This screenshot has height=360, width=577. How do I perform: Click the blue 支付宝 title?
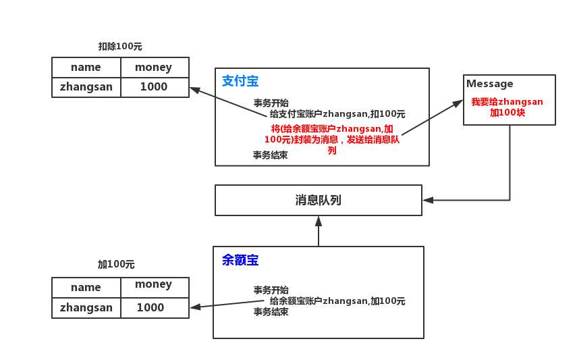tap(240, 82)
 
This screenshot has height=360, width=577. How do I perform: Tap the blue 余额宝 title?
tap(240, 260)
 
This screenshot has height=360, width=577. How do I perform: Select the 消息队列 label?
tap(319, 201)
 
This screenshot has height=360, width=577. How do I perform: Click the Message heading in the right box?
tap(489, 84)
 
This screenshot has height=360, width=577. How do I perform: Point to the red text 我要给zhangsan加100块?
tap(507, 107)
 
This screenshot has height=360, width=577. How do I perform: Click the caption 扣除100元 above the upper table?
tap(120, 47)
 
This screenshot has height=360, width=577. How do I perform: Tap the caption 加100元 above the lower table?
tap(116, 264)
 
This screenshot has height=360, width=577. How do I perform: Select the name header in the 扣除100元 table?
tap(86, 68)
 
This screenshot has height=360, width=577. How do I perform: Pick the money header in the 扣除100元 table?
tap(153, 68)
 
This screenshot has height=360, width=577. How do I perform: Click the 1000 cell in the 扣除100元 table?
tap(154, 87)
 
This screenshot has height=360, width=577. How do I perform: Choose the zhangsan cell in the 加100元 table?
tap(86, 307)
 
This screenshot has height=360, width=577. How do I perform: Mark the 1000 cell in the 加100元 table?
tap(150, 307)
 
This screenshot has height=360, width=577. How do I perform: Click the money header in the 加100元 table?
tap(153, 284)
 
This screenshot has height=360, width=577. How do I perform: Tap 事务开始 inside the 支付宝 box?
tap(271, 103)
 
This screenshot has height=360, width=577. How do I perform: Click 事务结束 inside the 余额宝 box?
tap(271, 312)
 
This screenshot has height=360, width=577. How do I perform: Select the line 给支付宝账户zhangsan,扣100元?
tap(337, 114)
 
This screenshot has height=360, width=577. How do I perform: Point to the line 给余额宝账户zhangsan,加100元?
tap(337, 301)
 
